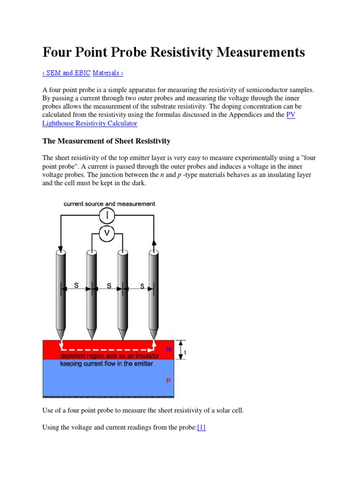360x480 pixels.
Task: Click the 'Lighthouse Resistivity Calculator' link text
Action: tap(90, 123)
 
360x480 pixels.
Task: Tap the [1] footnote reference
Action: tap(201, 427)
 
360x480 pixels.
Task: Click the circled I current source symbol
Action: tap(107, 216)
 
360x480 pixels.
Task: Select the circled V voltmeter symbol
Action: tap(107, 233)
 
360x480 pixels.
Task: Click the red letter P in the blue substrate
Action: tap(169, 381)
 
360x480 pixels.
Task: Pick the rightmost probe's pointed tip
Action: tap(153, 338)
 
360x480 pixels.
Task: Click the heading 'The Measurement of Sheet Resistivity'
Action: tap(106, 141)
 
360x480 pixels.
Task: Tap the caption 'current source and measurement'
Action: tap(110, 204)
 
